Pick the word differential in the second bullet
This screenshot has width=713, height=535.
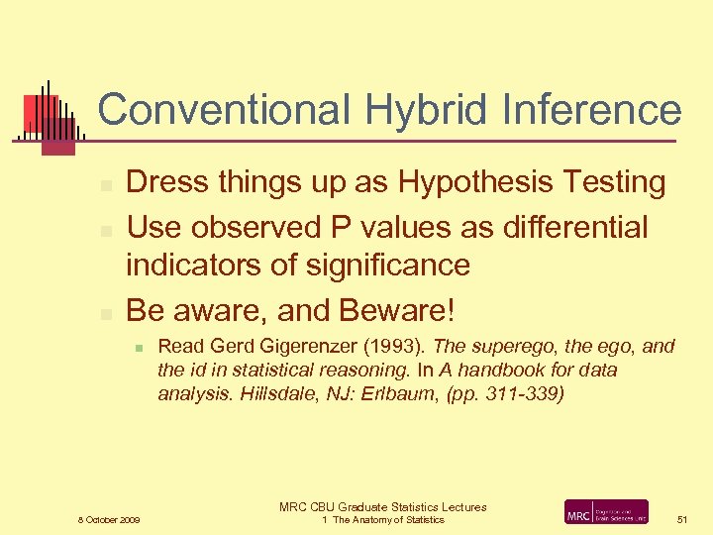[x=563, y=227]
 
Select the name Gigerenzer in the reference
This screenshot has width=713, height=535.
[x=287, y=348]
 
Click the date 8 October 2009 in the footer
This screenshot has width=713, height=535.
[x=110, y=520]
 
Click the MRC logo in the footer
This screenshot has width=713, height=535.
[x=605, y=511]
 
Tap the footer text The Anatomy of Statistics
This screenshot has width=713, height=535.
[x=388, y=520]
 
